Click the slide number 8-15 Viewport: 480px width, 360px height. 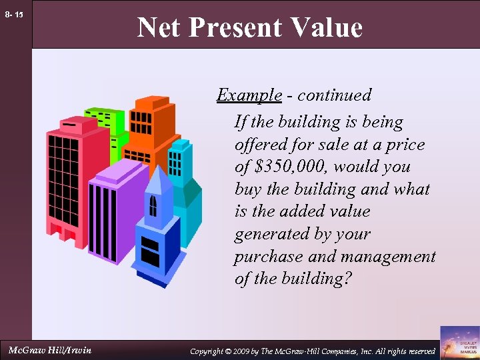[x=14, y=14]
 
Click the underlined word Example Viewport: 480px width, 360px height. [x=249, y=95]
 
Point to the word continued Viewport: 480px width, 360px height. [x=334, y=95]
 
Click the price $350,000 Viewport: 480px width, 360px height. [x=288, y=167]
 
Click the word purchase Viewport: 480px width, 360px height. [x=266, y=257]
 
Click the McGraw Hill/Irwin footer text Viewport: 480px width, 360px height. [x=50, y=350]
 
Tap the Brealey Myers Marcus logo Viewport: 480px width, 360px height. [x=459, y=342]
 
